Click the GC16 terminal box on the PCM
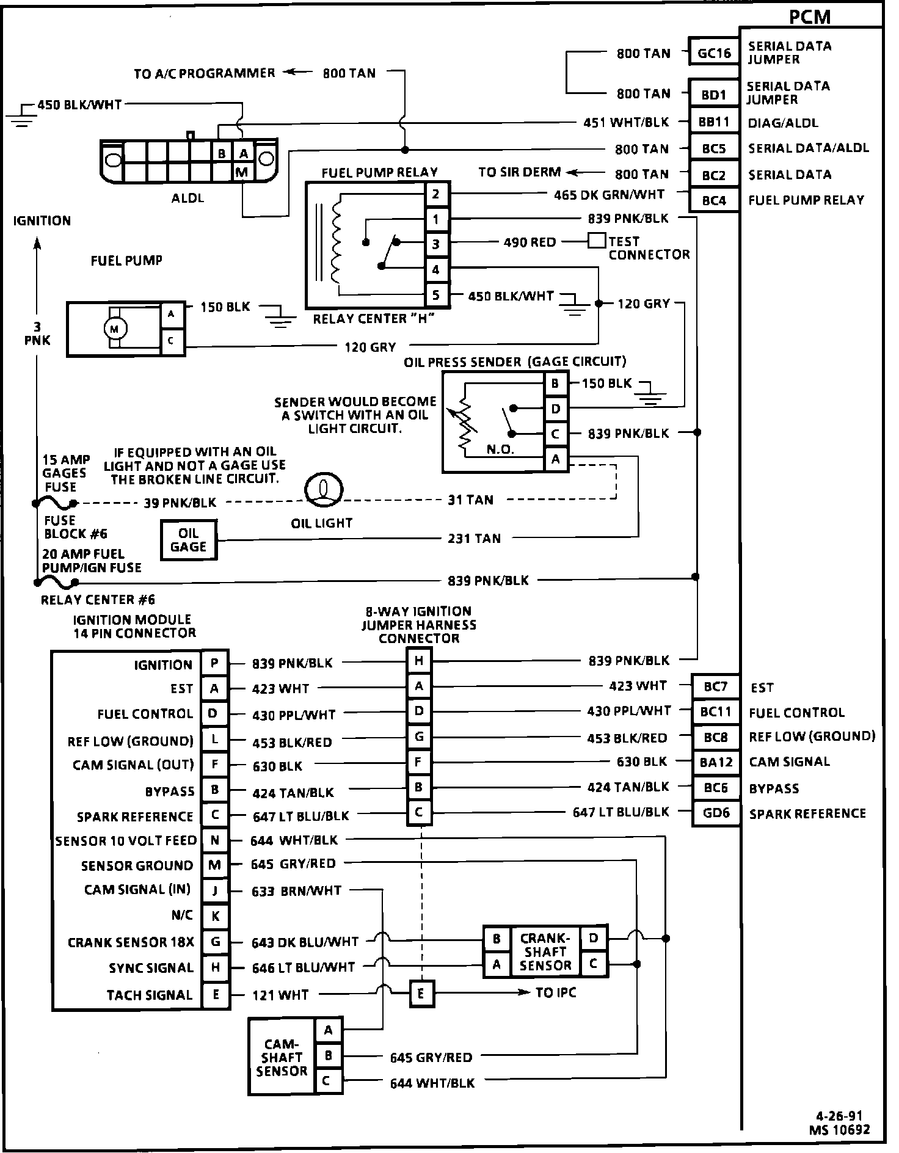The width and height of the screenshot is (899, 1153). click(714, 53)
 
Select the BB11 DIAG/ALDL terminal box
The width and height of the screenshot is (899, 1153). click(714, 122)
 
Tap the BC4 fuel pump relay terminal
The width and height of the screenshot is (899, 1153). click(714, 200)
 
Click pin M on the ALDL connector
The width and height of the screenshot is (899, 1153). click(242, 172)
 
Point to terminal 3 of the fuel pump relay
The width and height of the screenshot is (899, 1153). click(436, 244)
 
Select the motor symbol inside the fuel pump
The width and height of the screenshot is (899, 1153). click(114, 329)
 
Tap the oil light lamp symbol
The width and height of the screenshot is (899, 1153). click(324, 490)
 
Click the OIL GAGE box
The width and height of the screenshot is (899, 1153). click(188, 540)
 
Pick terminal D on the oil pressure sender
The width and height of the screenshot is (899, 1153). click(556, 409)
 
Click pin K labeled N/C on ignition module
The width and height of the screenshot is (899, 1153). click(215, 916)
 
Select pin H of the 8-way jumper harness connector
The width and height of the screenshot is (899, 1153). click(419, 660)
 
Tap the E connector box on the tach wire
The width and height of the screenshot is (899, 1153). click(421, 994)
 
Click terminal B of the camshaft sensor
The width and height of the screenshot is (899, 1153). click(329, 1055)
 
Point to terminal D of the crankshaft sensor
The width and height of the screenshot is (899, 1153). click(594, 938)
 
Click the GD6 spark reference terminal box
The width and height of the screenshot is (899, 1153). click(716, 813)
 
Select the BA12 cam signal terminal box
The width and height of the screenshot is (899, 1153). click(716, 762)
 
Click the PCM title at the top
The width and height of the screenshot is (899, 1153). click(810, 18)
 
